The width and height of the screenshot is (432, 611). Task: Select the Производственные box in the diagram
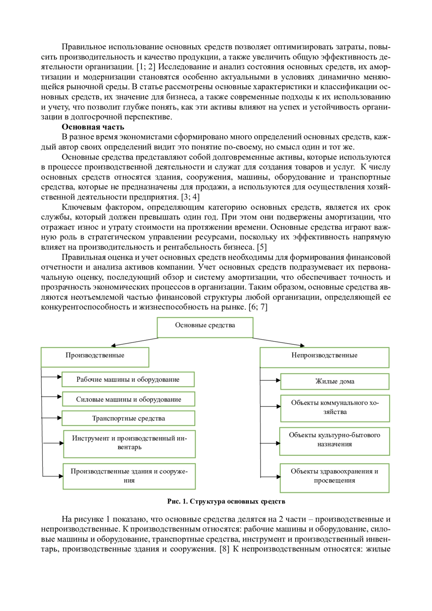pyautogui.click(x=95, y=357)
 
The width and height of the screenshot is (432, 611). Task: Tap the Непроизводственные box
pyautogui.click(x=324, y=357)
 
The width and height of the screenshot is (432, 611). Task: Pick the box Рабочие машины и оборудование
pyautogui.click(x=128, y=379)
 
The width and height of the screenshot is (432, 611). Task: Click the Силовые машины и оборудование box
pyautogui.click(x=129, y=399)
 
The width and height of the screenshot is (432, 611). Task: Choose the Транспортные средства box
pyautogui.click(x=129, y=418)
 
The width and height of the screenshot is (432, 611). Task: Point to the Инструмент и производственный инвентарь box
pyautogui.click(x=129, y=444)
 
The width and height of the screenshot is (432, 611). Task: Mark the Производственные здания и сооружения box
pyautogui.click(x=129, y=476)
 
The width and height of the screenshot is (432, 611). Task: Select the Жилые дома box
pyautogui.click(x=335, y=382)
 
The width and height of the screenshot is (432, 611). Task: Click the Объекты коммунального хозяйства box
pyautogui.click(x=335, y=408)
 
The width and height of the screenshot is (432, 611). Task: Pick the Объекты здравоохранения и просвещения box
pyautogui.click(x=334, y=477)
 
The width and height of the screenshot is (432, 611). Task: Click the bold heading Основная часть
pyautogui.click(x=93, y=127)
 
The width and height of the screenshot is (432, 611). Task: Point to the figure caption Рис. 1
pyautogui.click(x=226, y=502)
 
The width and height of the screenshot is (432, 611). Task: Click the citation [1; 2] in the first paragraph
pyautogui.click(x=146, y=67)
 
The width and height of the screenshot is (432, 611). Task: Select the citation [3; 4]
pyautogui.click(x=190, y=197)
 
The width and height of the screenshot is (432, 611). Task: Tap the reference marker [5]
pyautogui.click(x=261, y=247)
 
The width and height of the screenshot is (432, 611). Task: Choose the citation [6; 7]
pyautogui.click(x=258, y=307)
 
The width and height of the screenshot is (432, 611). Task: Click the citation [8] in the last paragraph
pyautogui.click(x=224, y=549)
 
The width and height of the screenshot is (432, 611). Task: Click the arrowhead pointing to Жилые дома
pyautogui.click(x=278, y=380)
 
